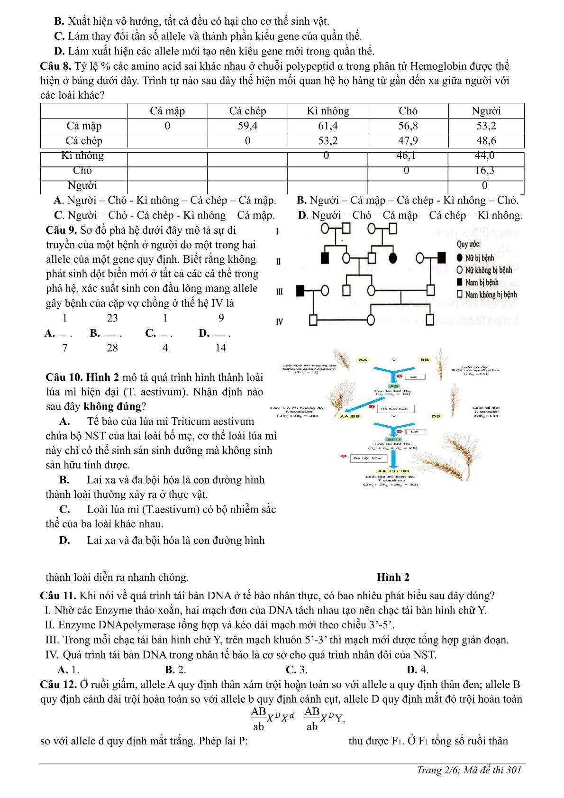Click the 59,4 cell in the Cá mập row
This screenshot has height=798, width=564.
[x=247, y=126]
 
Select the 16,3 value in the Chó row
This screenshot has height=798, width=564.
[x=484, y=170]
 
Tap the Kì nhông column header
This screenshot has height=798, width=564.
[x=327, y=111]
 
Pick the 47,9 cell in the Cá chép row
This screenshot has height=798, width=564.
[x=408, y=140]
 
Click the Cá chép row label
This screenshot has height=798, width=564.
[x=84, y=140]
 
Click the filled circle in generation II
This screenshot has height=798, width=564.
[x=393, y=258]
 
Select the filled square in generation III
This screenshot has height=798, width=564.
[x=300, y=290]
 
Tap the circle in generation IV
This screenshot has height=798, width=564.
[x=371, y=320]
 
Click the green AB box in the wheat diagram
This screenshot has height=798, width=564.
[x=394, y=386]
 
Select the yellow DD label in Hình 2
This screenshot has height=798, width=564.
[x=436, y=416]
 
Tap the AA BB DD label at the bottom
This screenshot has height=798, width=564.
[x=394, y=471]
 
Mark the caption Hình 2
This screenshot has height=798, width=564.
[x=393, y=577]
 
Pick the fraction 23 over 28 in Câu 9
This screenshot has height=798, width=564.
[x=112, y=333]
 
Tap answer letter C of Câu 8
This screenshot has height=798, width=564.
[x=59, y=215]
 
